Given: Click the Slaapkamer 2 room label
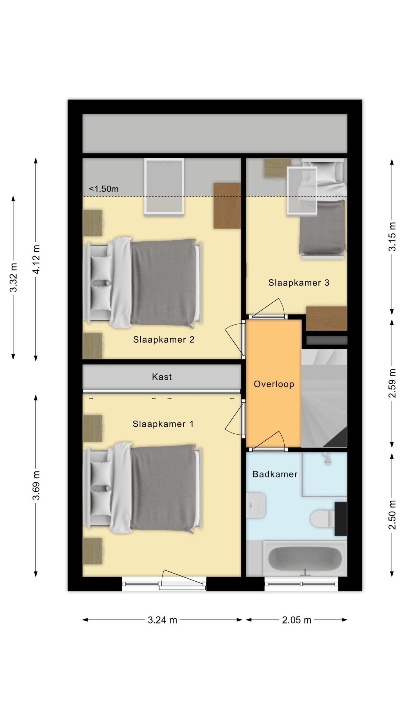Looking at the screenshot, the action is point(163,339).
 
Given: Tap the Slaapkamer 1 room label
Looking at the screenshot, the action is point(163,424).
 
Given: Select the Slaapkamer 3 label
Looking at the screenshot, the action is point(299,283).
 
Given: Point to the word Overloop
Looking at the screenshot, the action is point(274,384).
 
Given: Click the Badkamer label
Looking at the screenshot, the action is point(275,474).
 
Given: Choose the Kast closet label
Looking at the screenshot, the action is point(162,377).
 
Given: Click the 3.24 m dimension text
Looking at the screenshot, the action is point(163,620).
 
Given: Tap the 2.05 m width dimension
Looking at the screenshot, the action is point(297,620).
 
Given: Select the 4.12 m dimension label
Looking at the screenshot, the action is point(36,259).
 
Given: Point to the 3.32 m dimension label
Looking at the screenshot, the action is point(13,278).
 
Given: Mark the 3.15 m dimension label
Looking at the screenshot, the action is point(392,237).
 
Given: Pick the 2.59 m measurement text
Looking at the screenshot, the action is point(392,383).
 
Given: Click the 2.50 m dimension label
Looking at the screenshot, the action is point(392,515).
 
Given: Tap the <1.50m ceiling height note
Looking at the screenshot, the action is point(104,189).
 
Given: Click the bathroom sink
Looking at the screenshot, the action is point(256,505).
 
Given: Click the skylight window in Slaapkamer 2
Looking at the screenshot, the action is point(164,187).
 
